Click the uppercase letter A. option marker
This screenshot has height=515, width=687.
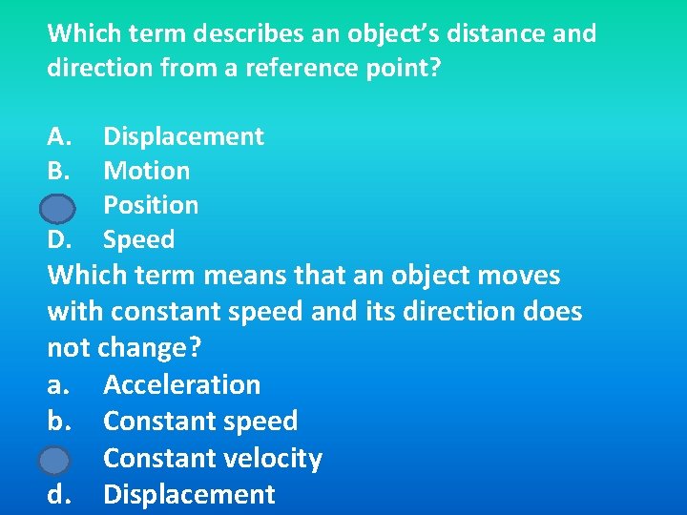59,136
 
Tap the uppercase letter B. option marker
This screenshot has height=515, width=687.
58,171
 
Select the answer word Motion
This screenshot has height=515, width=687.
146,171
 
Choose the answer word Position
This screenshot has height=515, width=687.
151,205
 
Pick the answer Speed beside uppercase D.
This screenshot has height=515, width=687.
138,239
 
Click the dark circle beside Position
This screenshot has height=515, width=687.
58,207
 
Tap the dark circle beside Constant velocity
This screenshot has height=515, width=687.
54,461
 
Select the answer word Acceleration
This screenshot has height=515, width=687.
181,384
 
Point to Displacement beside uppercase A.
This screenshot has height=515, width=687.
183,136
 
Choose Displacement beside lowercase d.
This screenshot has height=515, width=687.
189,494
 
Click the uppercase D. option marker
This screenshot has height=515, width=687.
59,239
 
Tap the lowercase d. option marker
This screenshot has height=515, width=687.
58,494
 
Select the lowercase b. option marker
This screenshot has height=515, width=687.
58,421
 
